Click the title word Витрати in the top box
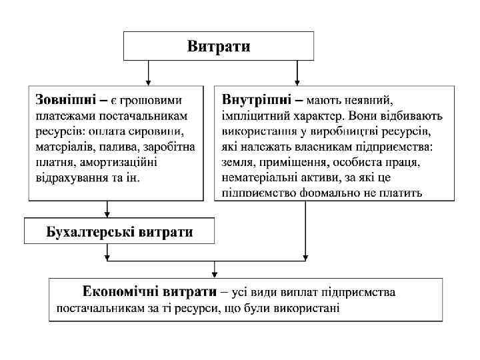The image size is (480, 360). coord(219,46)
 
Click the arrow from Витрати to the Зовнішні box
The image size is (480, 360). coord(148,72)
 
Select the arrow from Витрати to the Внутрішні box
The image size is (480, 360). coord(297,72)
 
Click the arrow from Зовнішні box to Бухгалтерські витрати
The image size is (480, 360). coord(108,209)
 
